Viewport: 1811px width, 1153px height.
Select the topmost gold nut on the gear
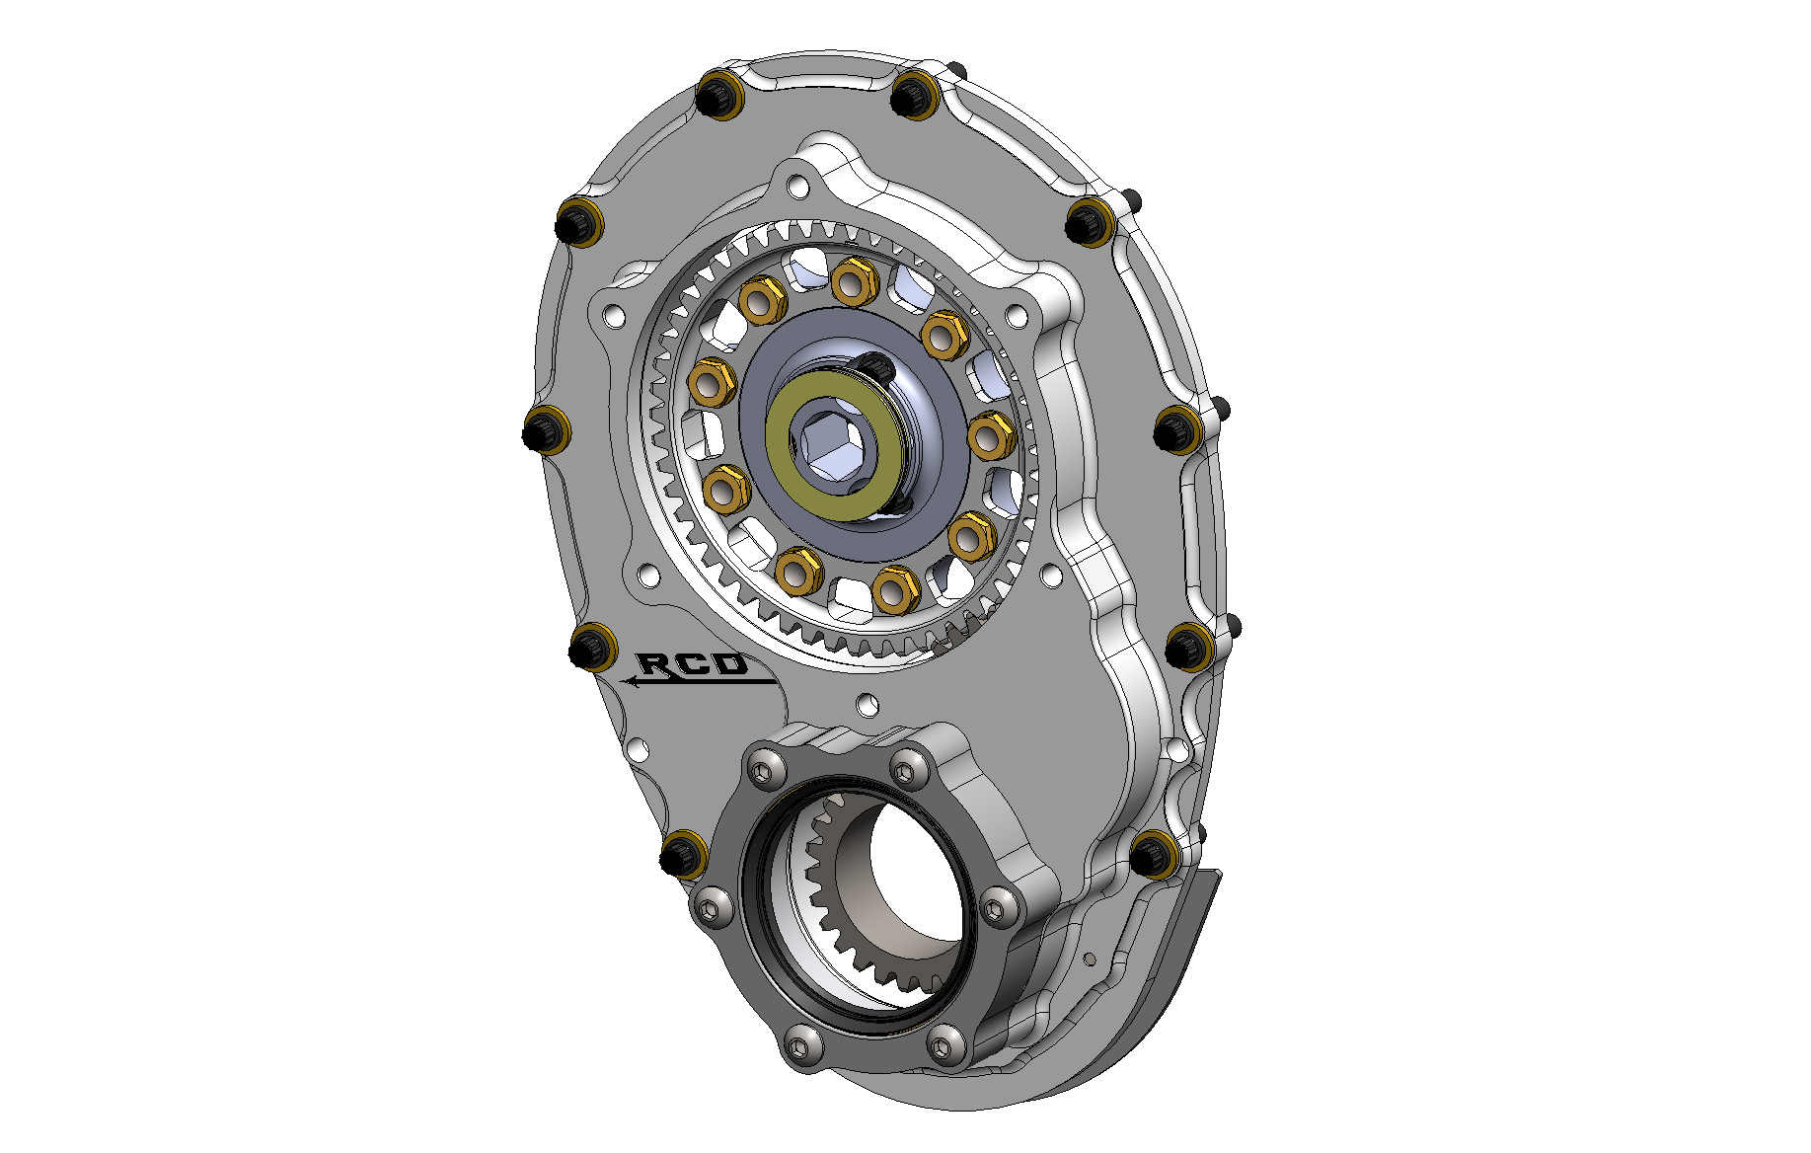click(855, 280)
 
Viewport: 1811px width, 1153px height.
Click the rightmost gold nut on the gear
click(990, 435)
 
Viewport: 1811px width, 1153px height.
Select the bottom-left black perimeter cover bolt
click(682, 854)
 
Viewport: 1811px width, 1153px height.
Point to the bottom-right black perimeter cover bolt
click(1151, 854)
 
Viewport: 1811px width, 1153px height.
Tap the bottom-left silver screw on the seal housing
click(801, 1044)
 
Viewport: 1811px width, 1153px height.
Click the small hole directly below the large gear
click(868, 705)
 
